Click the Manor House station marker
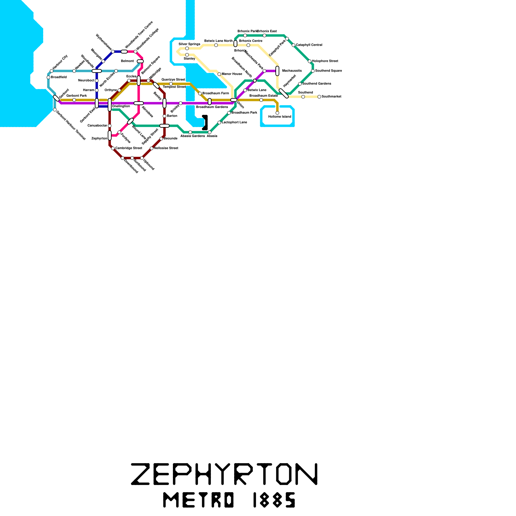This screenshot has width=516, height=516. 219,74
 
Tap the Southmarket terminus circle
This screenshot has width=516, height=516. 319,97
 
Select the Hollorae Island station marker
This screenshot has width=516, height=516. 277,113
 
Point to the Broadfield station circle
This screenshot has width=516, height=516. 48,77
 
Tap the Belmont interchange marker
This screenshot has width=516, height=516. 140,61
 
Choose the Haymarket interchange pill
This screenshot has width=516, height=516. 284,94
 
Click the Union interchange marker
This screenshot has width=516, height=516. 234,100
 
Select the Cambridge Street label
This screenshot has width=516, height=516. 129,148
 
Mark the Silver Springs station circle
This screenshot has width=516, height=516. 187,48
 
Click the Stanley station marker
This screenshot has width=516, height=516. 187,55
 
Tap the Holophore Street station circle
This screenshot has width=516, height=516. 310,61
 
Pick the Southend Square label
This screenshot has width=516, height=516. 328,71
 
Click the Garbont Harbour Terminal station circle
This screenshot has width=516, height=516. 55,110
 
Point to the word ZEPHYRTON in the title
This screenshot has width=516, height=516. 224,474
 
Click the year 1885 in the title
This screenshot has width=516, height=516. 274,500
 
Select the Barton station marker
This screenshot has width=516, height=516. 164,116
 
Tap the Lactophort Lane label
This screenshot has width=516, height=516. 234,123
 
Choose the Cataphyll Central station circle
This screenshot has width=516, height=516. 293,45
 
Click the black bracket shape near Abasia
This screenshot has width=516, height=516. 205,123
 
